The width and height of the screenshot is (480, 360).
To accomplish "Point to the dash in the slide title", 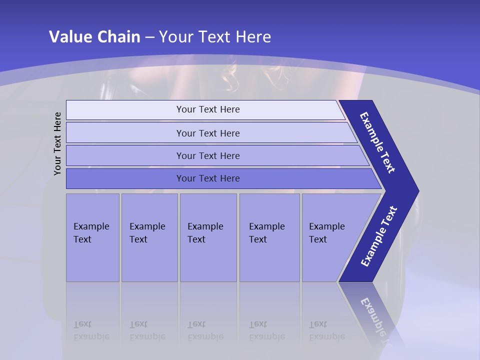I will pos(149,37).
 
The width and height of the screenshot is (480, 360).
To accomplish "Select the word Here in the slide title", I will pos(253,37).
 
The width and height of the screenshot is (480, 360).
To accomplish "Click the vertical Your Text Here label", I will pos(57,143).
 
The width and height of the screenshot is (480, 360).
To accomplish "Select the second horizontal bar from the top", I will pos(208,133).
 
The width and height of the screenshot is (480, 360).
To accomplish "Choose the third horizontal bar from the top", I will pos(208,155).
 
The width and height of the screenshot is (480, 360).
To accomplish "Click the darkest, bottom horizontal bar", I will pos(208,178).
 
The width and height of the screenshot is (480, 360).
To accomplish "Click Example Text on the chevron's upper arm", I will pos(377,142).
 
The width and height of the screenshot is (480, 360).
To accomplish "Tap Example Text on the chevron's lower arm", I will pos(379,236).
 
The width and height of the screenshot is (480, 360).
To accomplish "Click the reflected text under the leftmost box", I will pos(91,330).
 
